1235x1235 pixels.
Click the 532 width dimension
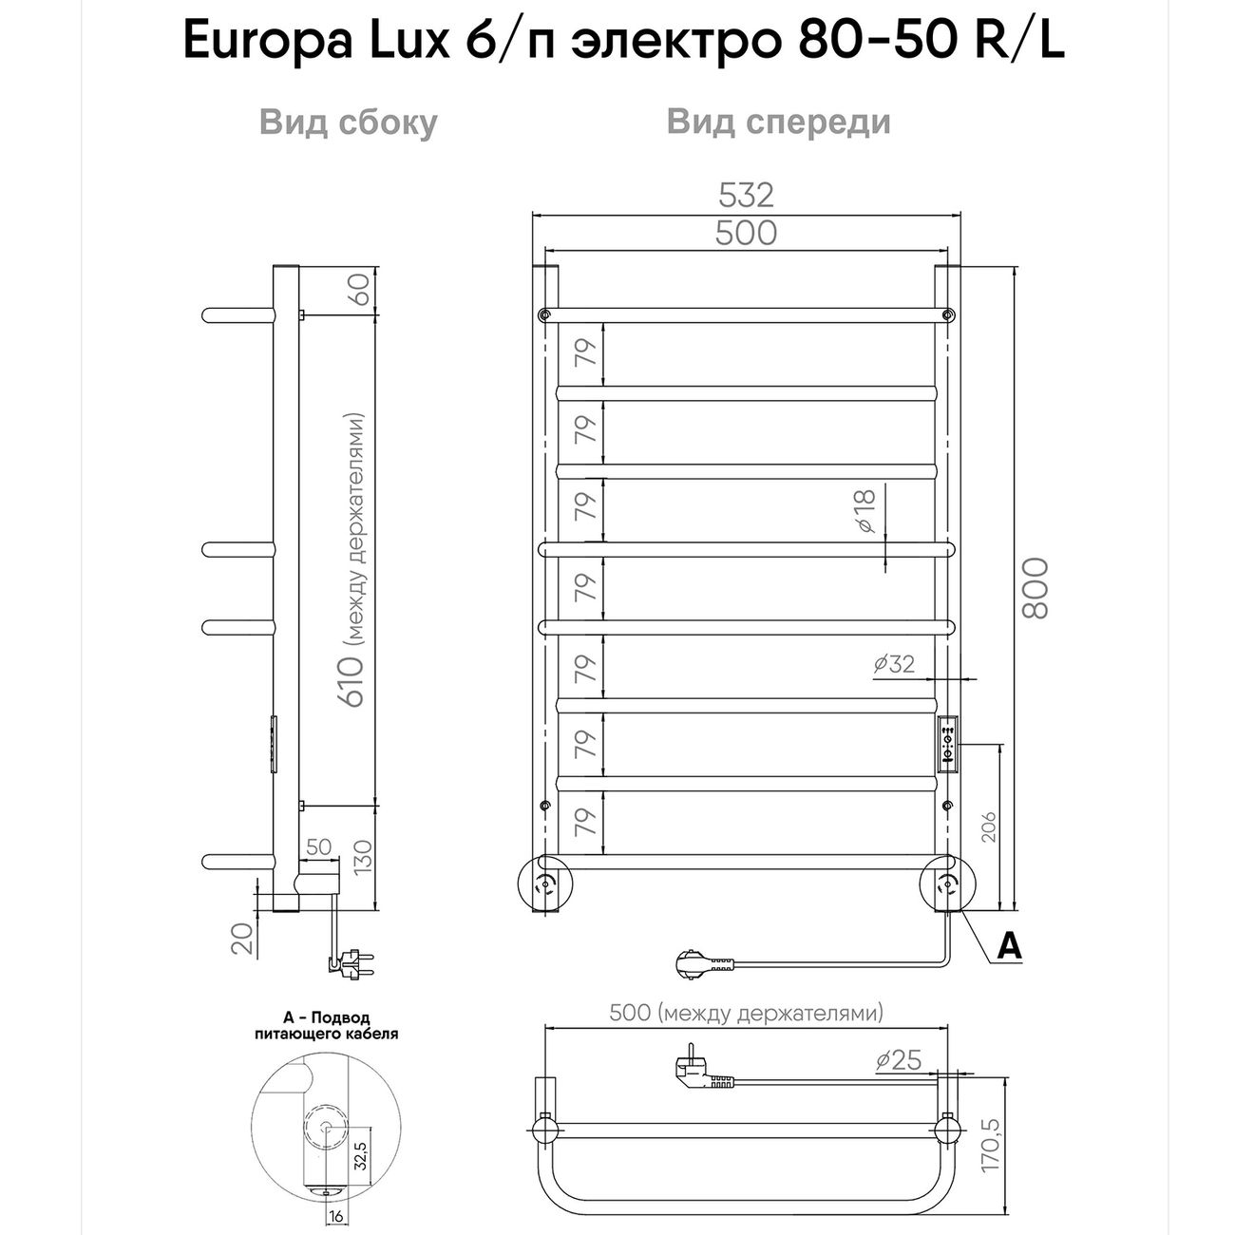tap(746, 195)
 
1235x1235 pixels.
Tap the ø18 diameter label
tap(864, 512)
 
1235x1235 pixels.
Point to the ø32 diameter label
tap(894, 663)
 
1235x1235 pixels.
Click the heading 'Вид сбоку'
tap(348, 123)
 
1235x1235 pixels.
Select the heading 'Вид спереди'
tap(778, 123)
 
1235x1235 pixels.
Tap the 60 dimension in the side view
tap(359, 287)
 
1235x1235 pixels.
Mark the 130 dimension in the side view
tap(359, 860)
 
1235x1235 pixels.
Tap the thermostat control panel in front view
tap(947, 744)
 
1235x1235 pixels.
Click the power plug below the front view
tap(703, 966)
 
